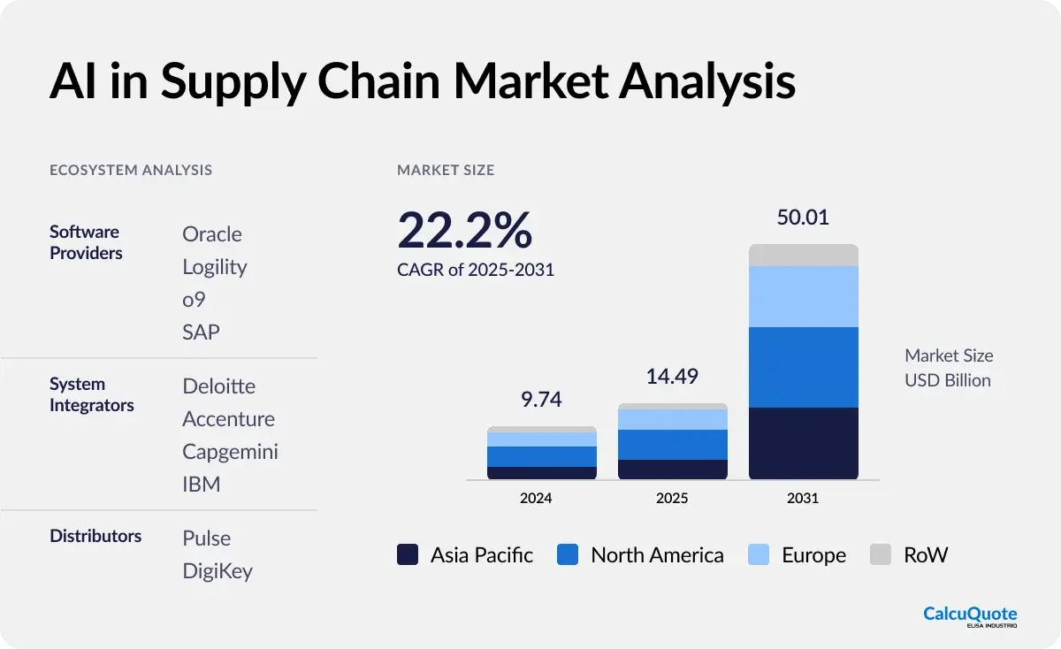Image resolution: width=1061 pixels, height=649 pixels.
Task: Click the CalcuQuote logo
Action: pos(970,616)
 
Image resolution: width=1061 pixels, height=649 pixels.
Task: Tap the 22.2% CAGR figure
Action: pos(465,231)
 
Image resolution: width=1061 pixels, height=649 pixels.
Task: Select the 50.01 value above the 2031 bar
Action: pos(803,218)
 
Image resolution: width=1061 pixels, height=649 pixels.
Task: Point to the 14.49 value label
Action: pos(671,376)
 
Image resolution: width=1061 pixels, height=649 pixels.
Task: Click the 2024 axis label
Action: pos(536,498)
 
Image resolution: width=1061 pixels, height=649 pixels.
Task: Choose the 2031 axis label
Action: pos(803,498)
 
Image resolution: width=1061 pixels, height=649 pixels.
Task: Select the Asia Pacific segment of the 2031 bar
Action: pos(803,443)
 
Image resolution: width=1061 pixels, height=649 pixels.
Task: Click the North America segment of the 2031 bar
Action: pos(803,367)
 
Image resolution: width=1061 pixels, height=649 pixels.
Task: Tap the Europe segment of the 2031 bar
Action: pos(803,296)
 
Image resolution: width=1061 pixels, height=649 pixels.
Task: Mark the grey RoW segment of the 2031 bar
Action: pos(803,256)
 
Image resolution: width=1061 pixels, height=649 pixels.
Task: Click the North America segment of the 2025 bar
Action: pos(672,445)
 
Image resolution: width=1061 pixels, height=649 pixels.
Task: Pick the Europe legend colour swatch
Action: pos(758,555)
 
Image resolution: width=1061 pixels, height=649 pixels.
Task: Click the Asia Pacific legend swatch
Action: pos(408,555)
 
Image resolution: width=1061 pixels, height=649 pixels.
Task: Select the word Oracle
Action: pos(212,234)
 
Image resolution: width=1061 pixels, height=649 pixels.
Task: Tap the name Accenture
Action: pos(228,419)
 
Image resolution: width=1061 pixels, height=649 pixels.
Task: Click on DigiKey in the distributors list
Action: pos(218,571)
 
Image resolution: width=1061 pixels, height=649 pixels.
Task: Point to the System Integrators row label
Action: pos(92,395)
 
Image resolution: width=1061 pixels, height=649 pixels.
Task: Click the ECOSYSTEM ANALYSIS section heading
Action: pos(131,170)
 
